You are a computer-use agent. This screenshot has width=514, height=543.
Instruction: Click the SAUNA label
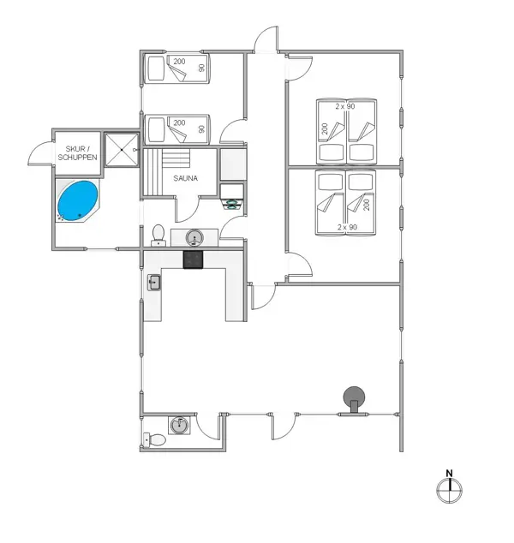click(186, 179)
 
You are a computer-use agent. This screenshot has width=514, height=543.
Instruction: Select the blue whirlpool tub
click(78, 200)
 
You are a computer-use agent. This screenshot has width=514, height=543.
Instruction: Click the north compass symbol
click(448, 491)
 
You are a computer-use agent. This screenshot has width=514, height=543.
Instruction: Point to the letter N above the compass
click(448, 473)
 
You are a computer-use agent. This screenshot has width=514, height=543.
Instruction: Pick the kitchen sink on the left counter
click(154, 282)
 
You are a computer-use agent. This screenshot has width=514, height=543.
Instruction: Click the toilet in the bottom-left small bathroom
click(156, 440)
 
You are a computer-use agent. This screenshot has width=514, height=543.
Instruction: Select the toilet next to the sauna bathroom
click(158, 234)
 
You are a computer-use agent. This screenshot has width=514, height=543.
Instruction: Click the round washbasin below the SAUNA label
click(194, 236)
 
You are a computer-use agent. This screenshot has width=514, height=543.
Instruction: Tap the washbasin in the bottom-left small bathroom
click(179, 424)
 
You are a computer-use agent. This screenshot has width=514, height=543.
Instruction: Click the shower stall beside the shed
click(121, 150)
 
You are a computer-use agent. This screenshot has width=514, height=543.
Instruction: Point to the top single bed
click(176, 69)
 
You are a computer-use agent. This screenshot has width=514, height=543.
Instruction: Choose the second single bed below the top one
click(176, 129)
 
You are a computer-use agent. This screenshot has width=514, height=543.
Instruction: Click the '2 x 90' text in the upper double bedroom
click(345, 105)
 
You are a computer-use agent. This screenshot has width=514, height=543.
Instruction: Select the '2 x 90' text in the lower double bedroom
click(346, 228)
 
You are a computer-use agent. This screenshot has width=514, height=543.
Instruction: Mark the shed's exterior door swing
click(39, 153)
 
